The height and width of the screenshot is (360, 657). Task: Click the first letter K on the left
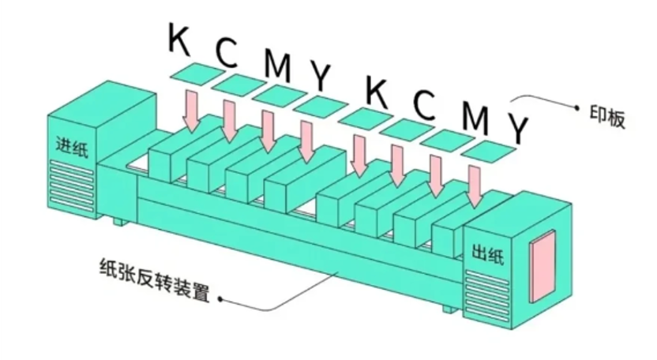tap(179, 39)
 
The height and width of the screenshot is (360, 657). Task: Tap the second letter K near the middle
tap(376, 92)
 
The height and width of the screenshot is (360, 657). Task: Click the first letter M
tap(277, 66)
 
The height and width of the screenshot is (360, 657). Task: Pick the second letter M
tap(475, 118)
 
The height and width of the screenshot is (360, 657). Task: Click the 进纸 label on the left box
tap(72, 147)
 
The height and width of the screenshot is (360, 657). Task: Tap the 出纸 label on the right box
tap(488, 253)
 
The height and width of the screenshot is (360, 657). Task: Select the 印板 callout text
tap(607, 117)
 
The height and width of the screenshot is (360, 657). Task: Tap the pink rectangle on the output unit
tap(542, 265)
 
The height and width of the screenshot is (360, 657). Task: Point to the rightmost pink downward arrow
tap(475, 186)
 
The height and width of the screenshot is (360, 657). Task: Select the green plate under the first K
tap(197, 74)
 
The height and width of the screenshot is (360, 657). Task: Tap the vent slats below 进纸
tap(72, 186)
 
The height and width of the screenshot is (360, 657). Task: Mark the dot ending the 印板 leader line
tap(577, 108)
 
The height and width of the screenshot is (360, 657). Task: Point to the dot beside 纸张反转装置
tap(220, 298)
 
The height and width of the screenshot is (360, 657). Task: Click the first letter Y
tap(320, 77)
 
